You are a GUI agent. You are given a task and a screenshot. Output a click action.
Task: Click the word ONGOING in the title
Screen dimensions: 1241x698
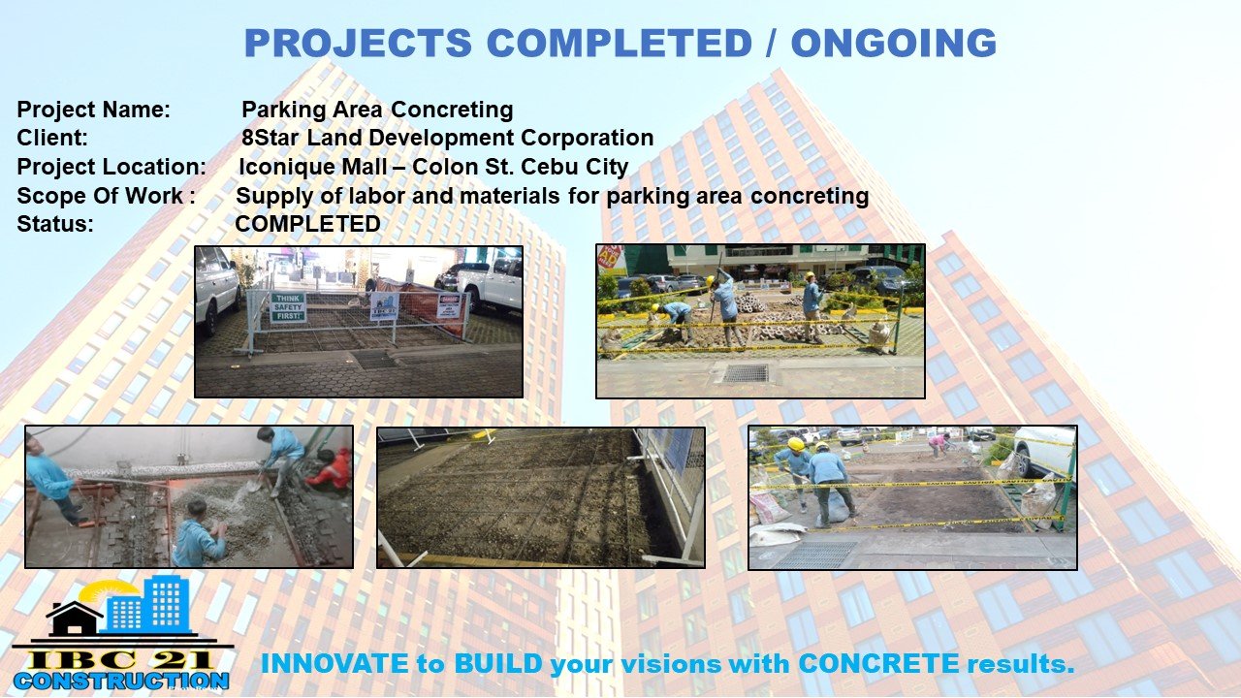point(894,43)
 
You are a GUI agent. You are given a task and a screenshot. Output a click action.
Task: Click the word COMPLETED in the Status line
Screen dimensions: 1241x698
point(308,224)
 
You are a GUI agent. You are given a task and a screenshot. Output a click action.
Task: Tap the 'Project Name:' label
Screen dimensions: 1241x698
point(94,110)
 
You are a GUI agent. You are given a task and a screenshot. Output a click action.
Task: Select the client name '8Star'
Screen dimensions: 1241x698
point(270,138)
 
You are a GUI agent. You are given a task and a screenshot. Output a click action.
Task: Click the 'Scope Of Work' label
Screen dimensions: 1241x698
point(100,196)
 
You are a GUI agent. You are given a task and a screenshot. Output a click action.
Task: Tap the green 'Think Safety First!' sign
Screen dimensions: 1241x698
point(288,307)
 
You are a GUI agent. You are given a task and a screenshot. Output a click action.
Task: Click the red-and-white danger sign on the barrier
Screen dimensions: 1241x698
point(448,305)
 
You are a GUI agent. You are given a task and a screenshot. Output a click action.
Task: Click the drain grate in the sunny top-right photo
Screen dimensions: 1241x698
point(746,373)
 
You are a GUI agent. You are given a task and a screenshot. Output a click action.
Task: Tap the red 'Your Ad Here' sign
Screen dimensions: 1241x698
point(610,258)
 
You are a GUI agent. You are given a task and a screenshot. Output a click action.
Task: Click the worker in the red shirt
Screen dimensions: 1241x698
point(332,470)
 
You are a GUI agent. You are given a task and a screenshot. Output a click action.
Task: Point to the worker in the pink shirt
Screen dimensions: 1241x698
point(938,444)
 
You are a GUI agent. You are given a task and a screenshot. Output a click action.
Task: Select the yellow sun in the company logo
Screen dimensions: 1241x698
point(103,594)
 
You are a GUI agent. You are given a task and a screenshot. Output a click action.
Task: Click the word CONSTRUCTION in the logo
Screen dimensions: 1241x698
point(121,681)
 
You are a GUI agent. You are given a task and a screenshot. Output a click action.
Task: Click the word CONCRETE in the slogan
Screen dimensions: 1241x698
point(878,664)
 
